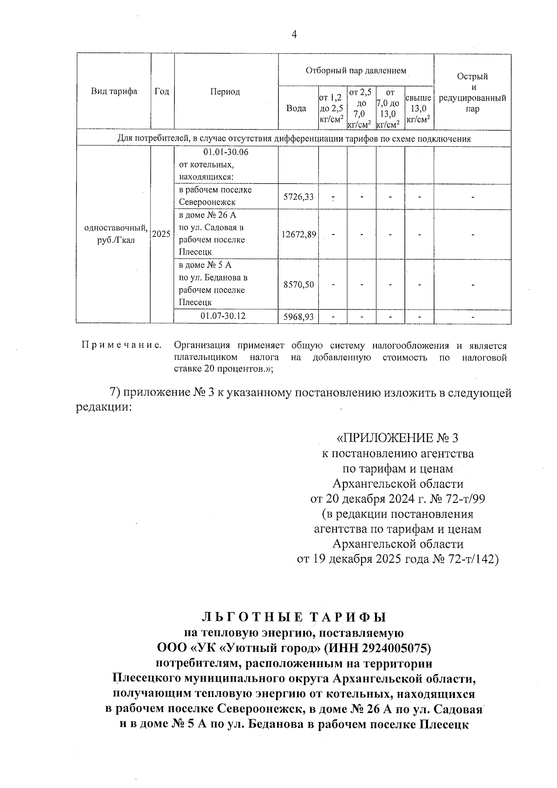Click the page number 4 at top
(x=293, y=35)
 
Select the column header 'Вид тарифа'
(x=114, y=91)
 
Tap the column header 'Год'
(x=162, y=91)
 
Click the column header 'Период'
(x=226, y=92)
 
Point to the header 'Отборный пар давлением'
(x=356, y=71)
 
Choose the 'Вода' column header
(x=296, y=108)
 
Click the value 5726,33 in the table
(x=298, y=197)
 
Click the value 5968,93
(x=298, y=317)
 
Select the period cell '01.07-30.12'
(x=223, y=316)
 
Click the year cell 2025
(x=162, y=234)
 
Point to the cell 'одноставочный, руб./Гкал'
(x=114, y=234)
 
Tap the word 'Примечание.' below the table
(x=122, y=345)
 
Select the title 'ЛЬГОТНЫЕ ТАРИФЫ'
(x=294, y=617)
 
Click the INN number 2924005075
(x=390, y=647)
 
